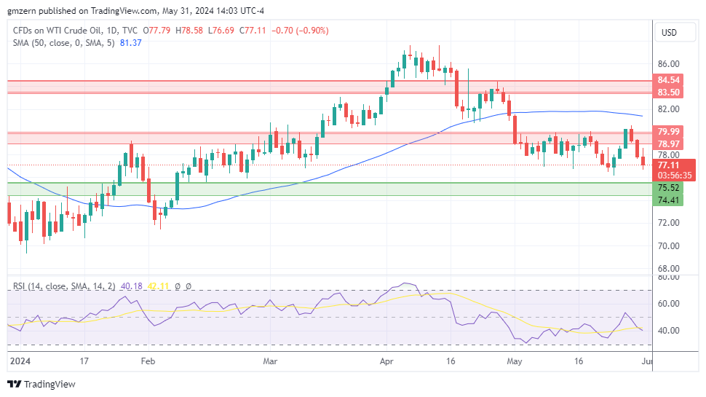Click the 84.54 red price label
(668, 80)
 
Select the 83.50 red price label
(668, 93)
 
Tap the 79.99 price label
(668, 132)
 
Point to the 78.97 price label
(668, 144)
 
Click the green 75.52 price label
(668, 187)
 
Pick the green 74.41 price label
(668, 200)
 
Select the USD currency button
(668, 33)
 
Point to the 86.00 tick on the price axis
(668, 64)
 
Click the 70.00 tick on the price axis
(668, 245)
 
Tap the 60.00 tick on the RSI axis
(668, 303)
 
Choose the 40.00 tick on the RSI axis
(668, 330)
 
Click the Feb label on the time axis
(148, 361)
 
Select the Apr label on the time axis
(386, 361)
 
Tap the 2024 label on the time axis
(19, 361)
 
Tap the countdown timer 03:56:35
(673, 176)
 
